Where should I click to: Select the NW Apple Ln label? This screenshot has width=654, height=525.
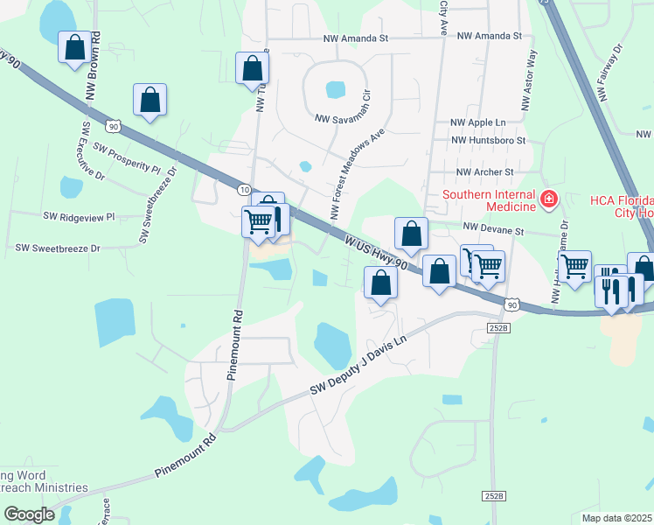click(x=477, y=123)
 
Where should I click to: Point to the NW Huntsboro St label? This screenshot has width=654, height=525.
click(x=488, y=140)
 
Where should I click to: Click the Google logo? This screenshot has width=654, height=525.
click(x=28, y=514)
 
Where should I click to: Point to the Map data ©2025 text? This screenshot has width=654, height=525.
click(x=615, y=518)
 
